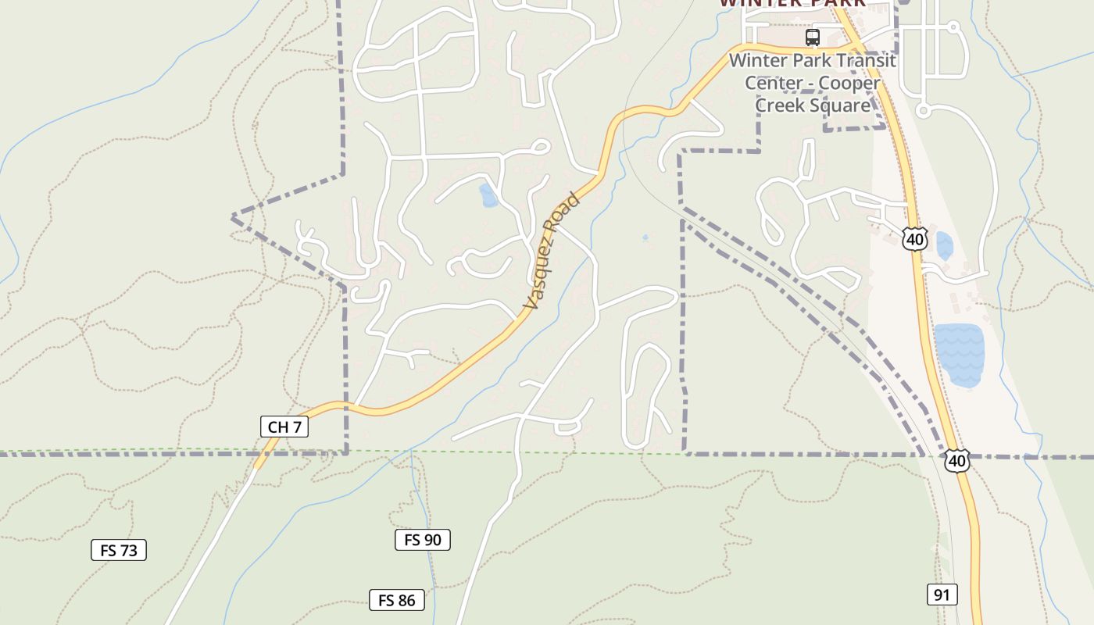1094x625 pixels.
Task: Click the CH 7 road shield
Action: tap(284, 427)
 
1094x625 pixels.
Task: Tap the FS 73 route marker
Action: tap(119, 550)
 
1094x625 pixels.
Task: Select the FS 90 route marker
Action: tap(422, 540)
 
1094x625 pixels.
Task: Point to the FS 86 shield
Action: tap(397, 600)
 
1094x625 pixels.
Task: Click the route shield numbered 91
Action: tap(942, 595)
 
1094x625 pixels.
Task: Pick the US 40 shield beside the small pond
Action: tap(914, 239)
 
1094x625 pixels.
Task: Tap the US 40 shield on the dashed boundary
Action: tap(957, 461)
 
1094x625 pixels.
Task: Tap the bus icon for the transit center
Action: tap(813, 37)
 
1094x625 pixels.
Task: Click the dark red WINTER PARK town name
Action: tap(792, 3)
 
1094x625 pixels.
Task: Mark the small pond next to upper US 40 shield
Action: tap(944, 246)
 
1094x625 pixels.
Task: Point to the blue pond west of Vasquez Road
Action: tap(489, 196)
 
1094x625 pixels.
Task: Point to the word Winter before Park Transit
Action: tap(758, 61)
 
